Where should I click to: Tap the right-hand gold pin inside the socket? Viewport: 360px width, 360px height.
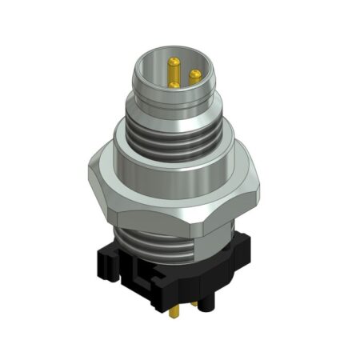(x=194, y=76)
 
